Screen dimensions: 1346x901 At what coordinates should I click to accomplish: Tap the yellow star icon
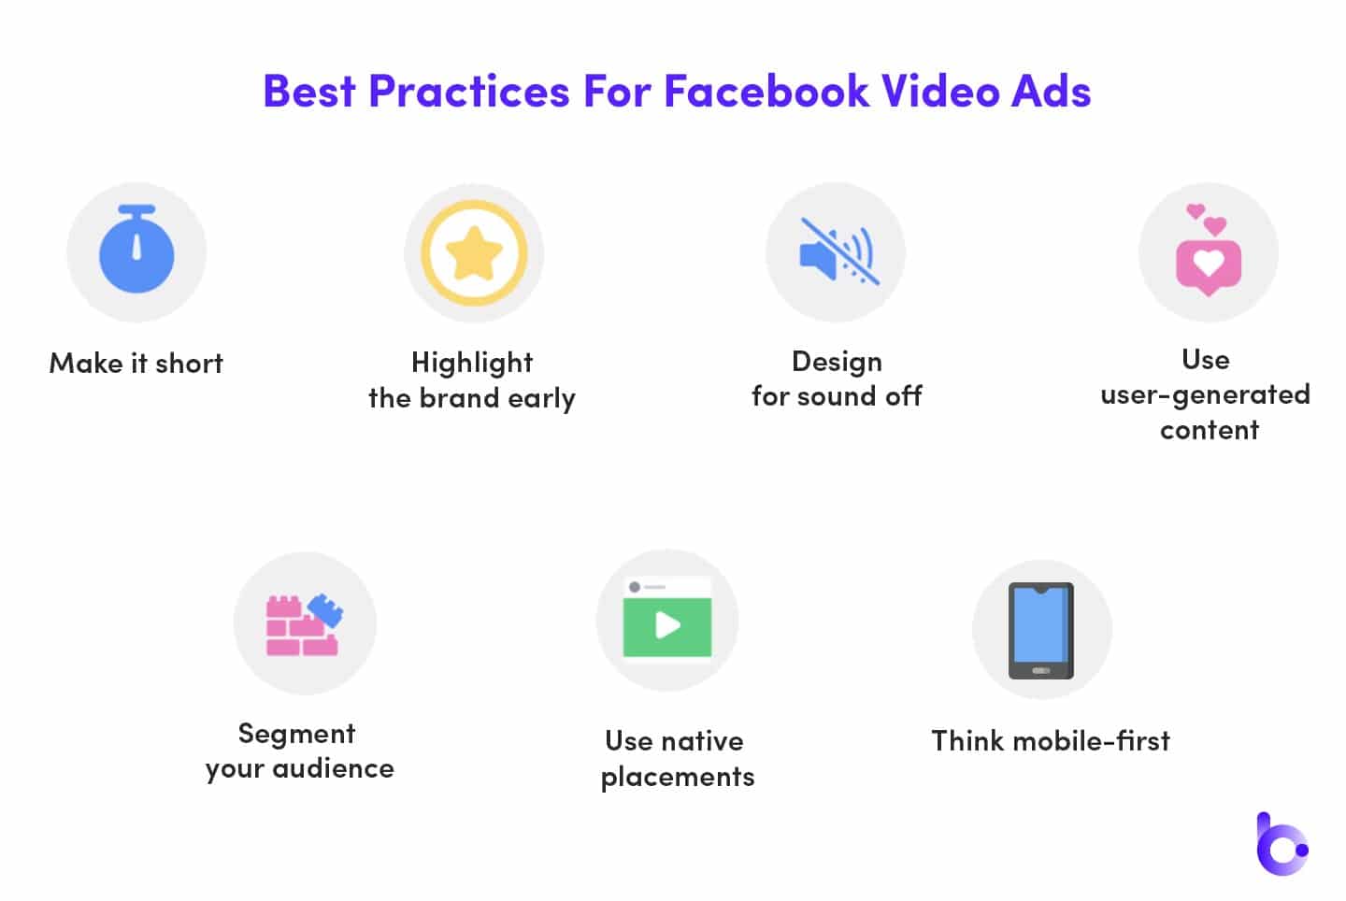coord(474,253)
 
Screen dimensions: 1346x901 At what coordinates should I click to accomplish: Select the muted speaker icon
coord(838,251)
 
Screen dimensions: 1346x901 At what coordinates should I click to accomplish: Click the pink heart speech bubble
coord(1209,267)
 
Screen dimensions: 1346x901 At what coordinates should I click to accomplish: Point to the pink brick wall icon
coord(302,625)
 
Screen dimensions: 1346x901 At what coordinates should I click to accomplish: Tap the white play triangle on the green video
coord(667,626)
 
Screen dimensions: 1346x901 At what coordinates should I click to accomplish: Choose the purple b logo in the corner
coord(1282,844)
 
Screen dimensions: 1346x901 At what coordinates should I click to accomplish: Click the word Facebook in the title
coord(766,92)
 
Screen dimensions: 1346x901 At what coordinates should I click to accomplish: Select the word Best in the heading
coord(308,92)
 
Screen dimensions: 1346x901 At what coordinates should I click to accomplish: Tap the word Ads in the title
coord(1051,92)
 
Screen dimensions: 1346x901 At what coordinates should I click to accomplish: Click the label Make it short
coord(136,364)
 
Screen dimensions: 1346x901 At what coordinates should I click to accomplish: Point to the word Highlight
coord(472,364)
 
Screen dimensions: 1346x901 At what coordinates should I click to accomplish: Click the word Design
coord(838,363)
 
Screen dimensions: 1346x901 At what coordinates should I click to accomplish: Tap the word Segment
coord(297,735)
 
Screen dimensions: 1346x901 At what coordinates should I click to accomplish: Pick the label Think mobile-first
coord(1051,740)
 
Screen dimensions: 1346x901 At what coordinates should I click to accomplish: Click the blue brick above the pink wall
coord(325,610)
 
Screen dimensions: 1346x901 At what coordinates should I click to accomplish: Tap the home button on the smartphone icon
coord(1040,670)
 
